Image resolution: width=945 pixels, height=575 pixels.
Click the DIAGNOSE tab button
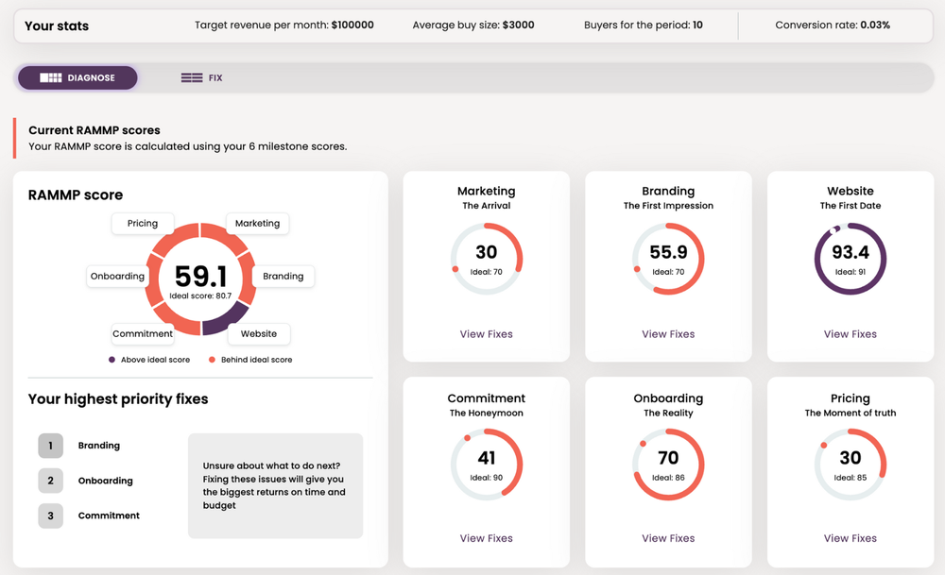pyautogui.click(x=77, y=77)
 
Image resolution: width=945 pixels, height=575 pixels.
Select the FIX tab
pyautogui.click(x=202, y=77)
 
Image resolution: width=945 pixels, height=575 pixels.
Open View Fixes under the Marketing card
pyautogui.click(x=487, y=334)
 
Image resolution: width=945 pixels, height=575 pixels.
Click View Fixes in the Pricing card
pyautogui.click(x=850, y=538)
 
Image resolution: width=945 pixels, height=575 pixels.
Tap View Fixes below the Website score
pyautogui.click(x=850, y=334)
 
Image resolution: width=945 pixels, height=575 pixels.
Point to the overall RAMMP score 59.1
pyautogui.click(x=200, y=277)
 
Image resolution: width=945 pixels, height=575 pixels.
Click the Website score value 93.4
pyautogui.click(x=850, y=252)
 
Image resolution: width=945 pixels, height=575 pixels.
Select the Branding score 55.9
pyautogui.click(x=668, y=252)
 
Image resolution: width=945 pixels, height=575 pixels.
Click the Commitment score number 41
pyautogui.click(x=487, y=458)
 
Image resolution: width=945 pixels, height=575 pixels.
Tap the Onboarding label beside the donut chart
pyautogui.click(x=117, y=277)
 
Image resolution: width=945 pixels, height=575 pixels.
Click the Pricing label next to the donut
pyautogui.click(x=143, y=224)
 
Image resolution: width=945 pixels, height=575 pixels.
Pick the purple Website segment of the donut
pyautogui.click(x=228, y=319)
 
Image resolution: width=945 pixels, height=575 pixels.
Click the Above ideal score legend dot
pyautogui.click(x=112, y=360)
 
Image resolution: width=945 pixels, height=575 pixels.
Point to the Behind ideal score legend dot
pyautogui.click(x=212, y=360)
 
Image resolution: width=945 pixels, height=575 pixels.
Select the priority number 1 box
pyautogui.click(x=51, y=446)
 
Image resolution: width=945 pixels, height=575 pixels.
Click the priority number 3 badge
pyautogui.click(x=51, y=516)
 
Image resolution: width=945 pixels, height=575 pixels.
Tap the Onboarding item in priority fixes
pyautogui.click(x=106, y=481)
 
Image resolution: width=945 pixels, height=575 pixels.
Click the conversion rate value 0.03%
pyautogui.click(x=875, y=25)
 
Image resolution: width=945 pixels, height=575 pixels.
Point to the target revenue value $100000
pyautogui.click(x=352, y=25)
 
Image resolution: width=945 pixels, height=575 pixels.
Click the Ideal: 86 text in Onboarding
pyautogui.click(x=668, y=478)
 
